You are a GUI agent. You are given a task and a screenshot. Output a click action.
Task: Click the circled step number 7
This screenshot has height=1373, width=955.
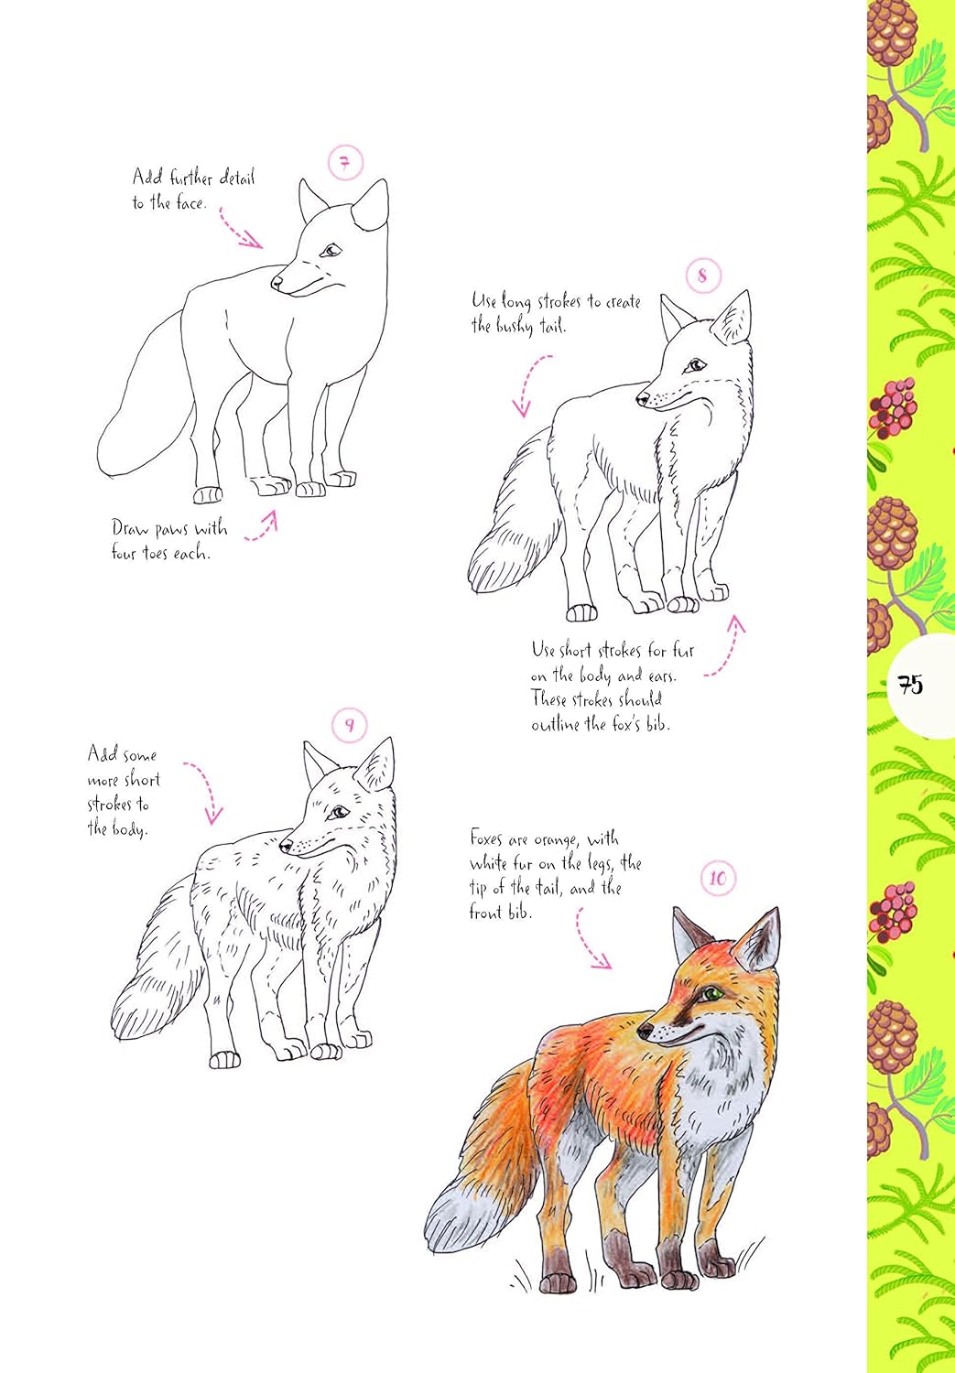pyautogui.click(x=345, y=164)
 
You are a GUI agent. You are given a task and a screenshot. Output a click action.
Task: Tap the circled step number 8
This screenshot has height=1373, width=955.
pyautogui.click(x=703, y=275)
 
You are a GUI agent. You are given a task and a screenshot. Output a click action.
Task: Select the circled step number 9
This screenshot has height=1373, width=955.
pyautogui.click(x=349, y=726)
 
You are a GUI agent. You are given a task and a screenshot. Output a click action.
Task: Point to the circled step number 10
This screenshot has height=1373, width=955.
pyautogui.click(x=718, y=879)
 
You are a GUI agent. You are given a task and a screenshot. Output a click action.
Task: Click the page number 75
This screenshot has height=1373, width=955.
pyautogui.click(x=910, y=685)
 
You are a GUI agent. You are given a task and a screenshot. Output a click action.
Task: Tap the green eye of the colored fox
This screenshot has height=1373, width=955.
pyautogui.click(x=710, y=993)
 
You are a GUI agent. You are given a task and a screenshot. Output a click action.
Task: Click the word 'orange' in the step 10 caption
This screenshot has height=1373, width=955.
pyautogui.click(x=555, y=839)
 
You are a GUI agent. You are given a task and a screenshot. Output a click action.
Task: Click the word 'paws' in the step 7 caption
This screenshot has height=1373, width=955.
pyautogui.click(x=170, y=529)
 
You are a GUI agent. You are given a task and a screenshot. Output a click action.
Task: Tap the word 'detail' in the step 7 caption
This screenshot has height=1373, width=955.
pyautogui.click(x=236, y=178)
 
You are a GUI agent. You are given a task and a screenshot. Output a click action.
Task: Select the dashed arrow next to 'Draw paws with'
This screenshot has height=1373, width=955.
pyautogui.click(x=262, y=527)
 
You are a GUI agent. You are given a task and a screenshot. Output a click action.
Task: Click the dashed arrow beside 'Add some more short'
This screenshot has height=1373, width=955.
pyautogui.click(x=206, y=791)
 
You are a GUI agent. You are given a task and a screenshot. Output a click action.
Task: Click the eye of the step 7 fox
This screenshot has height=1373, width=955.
pyautogui.click(x=330, y=250)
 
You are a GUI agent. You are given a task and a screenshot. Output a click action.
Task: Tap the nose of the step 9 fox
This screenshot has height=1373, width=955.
pyautogui.click(x=286, y=846)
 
